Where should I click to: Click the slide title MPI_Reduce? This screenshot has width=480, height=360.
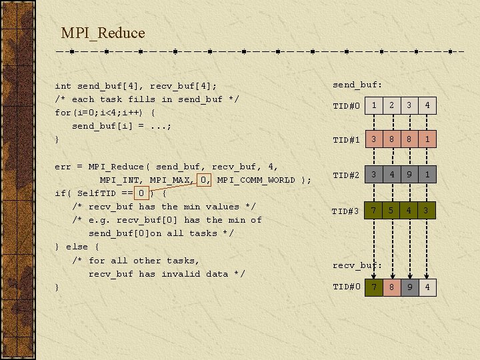click(x=103, y=33)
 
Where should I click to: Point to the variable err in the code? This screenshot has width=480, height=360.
click(x=63, y=166)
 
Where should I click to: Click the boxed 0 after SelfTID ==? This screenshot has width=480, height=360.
click(x=141, y=193)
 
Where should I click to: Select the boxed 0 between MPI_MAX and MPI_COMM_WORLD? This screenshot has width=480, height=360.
click(x=206, y=179)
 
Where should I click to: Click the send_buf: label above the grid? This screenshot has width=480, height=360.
click(x=357, y=85)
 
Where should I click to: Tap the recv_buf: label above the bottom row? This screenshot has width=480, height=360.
click(x=357, y=265)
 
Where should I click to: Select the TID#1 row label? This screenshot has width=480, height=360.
click(x=346, y=139)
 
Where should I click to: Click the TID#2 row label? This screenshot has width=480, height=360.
click(x=346, y=175)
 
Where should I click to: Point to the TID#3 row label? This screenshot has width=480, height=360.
click(x=346, y=211)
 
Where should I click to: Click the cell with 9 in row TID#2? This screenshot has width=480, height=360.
click(x=409, y=175)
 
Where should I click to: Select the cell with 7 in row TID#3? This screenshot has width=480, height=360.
click(x=375, y=211)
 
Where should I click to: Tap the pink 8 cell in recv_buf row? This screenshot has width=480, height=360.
click(x=392, y=287)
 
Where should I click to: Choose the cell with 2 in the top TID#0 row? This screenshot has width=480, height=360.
click(x=392, y=105)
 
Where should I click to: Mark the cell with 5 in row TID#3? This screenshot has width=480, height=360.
click(x=392, y=211)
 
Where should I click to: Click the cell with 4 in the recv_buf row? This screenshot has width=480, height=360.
click(x=427, y=287)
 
